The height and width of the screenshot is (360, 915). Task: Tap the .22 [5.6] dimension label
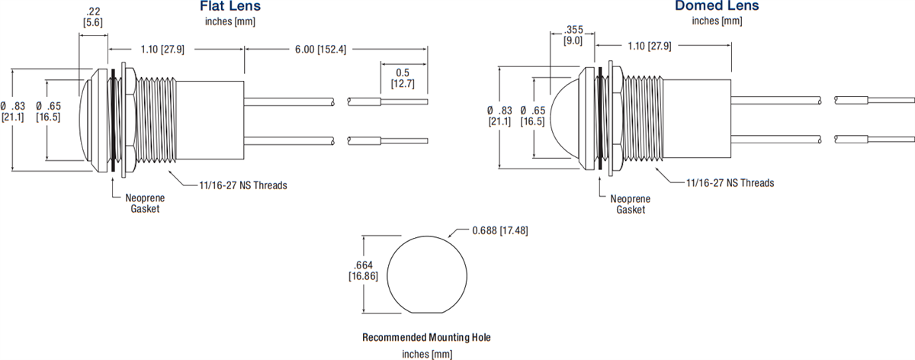tap(93, 18)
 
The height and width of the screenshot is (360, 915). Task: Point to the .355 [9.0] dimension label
tap(573, 35)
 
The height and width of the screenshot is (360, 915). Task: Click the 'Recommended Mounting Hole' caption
tap(426, 337)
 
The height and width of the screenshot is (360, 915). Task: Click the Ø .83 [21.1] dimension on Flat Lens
tap(17, 111)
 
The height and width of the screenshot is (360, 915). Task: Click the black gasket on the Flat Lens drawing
tap(114, 119)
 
